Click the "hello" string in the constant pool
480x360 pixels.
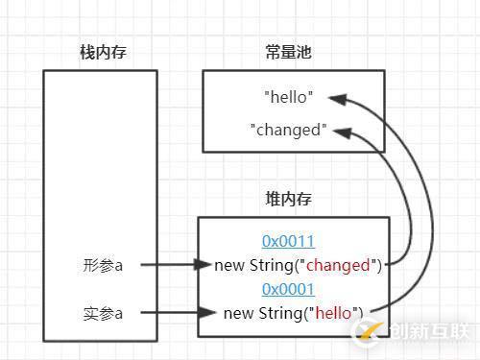tap(288, 97)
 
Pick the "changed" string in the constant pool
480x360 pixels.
tap(288, 130)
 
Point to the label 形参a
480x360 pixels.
tap(103, 265)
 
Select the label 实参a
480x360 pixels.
tap(103, 312)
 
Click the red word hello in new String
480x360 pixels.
tap(335, 312)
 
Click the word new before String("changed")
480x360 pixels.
tap(230, 265)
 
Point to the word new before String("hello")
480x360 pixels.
tap(237, 312)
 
